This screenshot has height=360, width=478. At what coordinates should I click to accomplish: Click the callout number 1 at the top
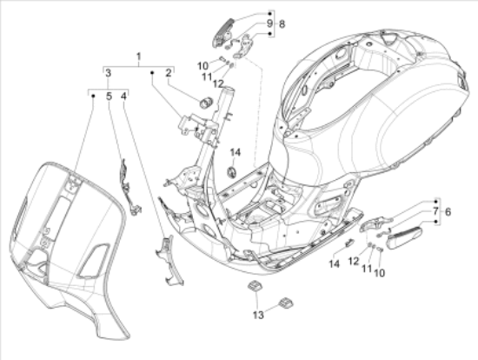[137, 57]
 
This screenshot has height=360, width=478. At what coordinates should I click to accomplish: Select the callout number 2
[169, 76]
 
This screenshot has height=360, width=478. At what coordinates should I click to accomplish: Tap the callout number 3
[108, 76]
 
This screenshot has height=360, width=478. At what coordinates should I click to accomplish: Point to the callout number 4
[125, 96]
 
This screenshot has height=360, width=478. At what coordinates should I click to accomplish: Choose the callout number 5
[109, 96]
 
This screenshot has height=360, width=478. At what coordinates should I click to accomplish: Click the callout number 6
[448, 211]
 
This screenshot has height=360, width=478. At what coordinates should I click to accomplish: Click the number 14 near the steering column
[235, 153]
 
